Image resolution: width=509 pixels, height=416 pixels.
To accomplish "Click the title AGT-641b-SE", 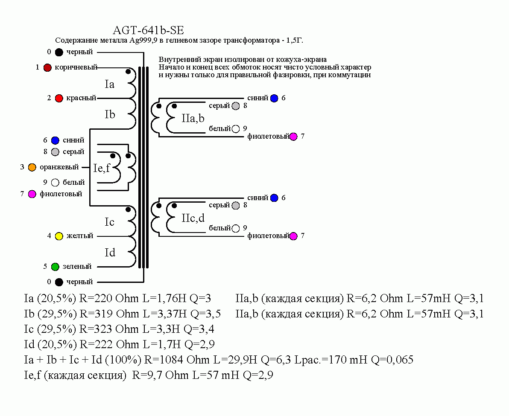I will pos(148,31).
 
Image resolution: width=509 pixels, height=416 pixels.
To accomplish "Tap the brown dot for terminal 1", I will pos(47,67).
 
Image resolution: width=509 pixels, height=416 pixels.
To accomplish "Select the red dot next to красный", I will pos(59,98).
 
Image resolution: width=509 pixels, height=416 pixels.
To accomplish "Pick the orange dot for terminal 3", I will pos(32,167).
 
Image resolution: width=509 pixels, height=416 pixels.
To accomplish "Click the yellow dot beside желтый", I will pos(59,236).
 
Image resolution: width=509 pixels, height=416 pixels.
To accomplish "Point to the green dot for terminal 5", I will pos(55,267).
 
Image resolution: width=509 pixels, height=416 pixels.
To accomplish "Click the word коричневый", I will pos(76,67).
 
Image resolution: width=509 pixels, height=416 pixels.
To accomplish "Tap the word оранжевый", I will pos(59,167).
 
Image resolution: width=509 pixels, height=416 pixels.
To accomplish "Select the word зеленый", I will pos(77,267).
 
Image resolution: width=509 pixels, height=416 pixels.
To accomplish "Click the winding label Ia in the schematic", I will pos(110,84).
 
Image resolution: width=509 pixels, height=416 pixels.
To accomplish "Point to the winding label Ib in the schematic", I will pos(110,115).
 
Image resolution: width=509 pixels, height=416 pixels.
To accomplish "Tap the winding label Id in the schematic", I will pos(110,253).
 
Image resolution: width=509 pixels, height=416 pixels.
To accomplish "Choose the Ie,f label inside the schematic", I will pos(102,168).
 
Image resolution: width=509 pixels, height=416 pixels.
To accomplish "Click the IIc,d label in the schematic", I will pos(193,218).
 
